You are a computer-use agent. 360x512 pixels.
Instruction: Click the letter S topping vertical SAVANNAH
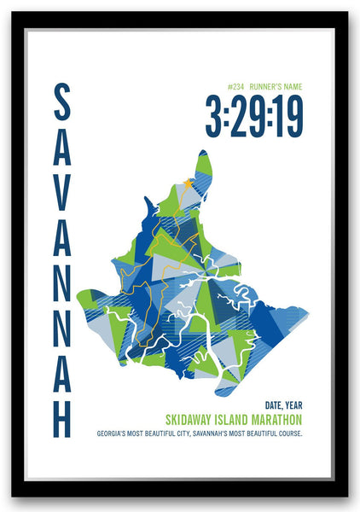coord(62,102)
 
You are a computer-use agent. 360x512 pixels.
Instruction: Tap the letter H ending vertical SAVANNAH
coord(62,416)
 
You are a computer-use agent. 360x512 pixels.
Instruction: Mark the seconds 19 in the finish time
coord(287,116)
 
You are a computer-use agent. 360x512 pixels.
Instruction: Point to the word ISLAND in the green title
coord(236,420)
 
